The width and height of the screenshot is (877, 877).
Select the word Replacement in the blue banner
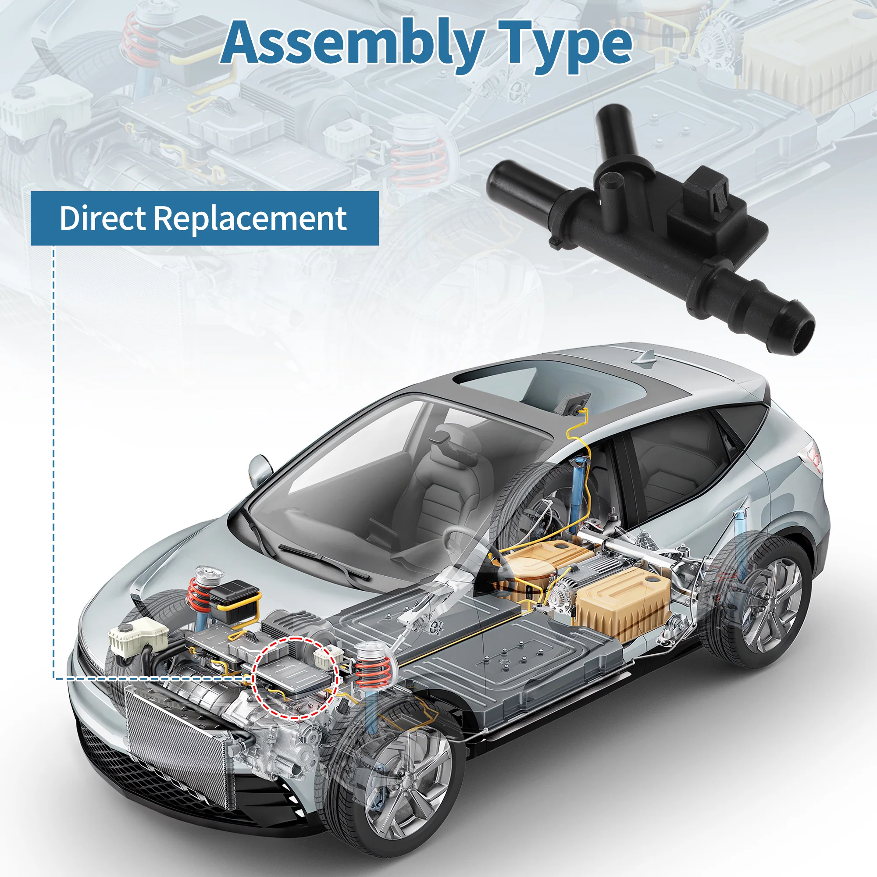point(250,219)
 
